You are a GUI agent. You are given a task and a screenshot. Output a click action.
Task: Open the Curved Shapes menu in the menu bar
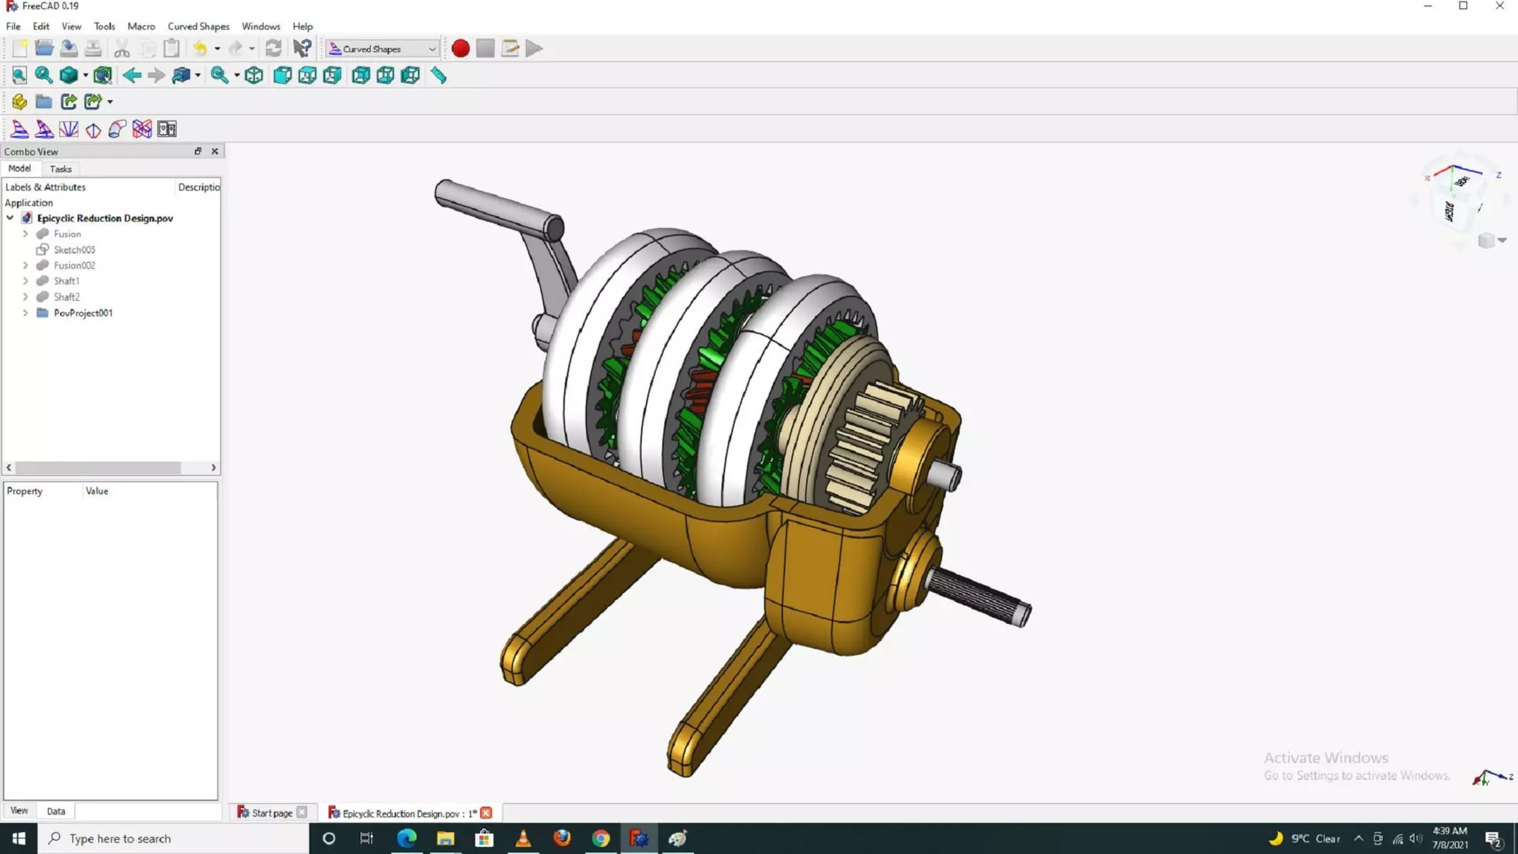click(198, 26)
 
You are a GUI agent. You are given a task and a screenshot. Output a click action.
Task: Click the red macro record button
click(460, 49)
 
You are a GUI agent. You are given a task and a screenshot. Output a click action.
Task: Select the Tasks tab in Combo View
click(61, 169)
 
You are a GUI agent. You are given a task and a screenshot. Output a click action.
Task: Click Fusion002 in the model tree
click(74, 265)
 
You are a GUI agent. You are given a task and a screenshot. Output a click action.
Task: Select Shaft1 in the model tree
click(66, 281)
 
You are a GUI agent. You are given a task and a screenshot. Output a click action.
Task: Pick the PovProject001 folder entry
click(83, 313)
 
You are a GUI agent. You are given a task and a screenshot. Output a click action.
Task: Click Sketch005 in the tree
click(74, 250)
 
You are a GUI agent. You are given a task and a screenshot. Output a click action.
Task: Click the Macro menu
click(141, 26)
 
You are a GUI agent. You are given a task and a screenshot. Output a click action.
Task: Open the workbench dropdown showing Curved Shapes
click(382, 49)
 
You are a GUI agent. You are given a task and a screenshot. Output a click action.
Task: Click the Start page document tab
click(272, 813)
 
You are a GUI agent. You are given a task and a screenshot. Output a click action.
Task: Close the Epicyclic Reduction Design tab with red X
click(486, 813)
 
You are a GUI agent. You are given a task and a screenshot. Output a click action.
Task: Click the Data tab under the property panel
click(56, 811)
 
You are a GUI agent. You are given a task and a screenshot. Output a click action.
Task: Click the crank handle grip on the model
click(494, 206)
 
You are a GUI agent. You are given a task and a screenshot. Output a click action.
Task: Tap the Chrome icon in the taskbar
click(601, 838)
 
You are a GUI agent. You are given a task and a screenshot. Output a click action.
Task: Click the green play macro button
click(534, 49)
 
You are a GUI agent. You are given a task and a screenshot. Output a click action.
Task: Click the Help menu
click(302, 26)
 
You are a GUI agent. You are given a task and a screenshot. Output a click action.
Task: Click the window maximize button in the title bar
click(1463, 6)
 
